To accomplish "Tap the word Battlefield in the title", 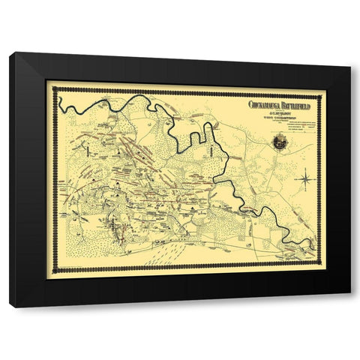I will [x=297, y=105].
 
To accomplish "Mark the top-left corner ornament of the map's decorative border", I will [x=58, y=90].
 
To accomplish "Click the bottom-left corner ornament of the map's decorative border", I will [x=58, y=268].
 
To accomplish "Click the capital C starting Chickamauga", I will [x=251, y=105].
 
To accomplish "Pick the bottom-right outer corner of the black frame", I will [x=350, y=307].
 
